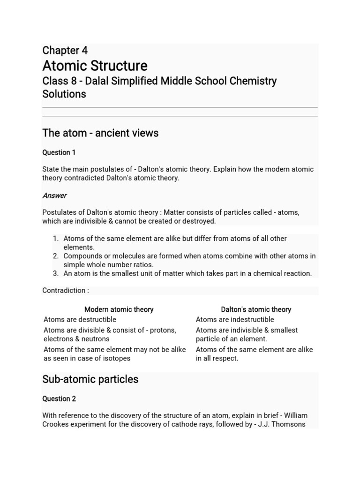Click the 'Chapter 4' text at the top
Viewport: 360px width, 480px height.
[x=65, y=51]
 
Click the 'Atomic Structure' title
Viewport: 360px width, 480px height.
[x=95, y=66]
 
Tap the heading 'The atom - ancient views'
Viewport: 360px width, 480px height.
[x=100, y=133]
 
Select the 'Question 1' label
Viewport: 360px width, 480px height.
[x=59, y=152]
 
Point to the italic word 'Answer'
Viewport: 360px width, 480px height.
[x=54, y=195]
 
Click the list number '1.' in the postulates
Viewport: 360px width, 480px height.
[x=55, y=239]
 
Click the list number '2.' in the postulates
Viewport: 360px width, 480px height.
[x=55, y=256]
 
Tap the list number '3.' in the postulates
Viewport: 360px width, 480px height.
[x=55, y=273]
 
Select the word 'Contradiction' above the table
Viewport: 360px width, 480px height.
[x=64, y=291]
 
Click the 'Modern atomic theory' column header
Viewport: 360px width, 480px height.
[x=119, y=309]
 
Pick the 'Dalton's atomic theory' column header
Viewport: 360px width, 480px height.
[x=256, y=309]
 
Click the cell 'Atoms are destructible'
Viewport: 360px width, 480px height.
[x=80, y=320]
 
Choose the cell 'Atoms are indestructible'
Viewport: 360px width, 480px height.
[x=235, y=320]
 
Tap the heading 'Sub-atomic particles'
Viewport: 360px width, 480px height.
[x=90, y=379]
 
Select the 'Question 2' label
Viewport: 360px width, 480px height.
[x=59, y=399]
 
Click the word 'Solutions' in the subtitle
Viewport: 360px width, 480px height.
[x=64, y=94]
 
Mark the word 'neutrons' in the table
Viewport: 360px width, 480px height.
[x=95, y=339]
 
